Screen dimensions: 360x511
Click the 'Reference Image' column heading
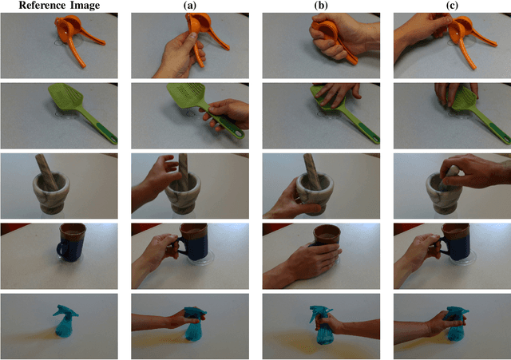[x=60, y=6]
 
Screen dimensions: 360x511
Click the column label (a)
[x=189, y=6]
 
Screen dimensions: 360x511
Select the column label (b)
[x=321, y=6]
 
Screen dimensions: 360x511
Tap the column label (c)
[x=452, y=6]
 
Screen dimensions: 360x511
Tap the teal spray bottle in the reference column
[x=64, y=322]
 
